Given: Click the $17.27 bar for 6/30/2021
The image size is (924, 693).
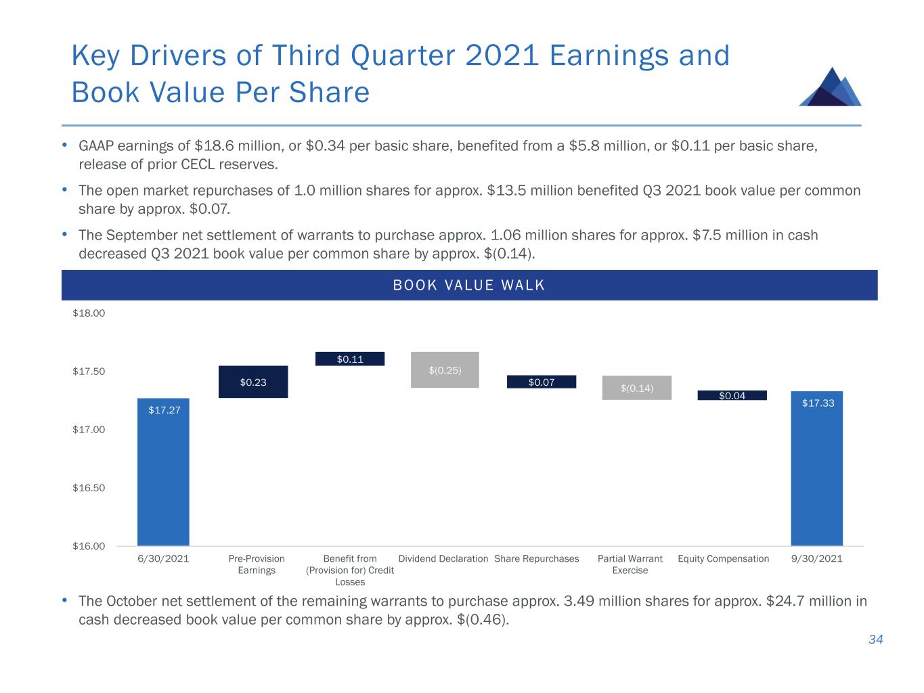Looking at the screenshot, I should point(163,471).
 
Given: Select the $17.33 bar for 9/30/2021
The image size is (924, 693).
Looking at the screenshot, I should point(817,468).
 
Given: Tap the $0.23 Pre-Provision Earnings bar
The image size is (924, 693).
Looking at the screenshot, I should point(253,382).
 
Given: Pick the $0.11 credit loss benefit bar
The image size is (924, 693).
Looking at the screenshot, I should point(350,359).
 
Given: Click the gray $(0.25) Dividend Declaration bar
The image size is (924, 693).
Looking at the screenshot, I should point(445,370).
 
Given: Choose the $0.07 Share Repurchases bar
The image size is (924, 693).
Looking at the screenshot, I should point(542,382).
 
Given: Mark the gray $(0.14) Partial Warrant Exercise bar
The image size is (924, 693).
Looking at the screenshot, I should point(637,388).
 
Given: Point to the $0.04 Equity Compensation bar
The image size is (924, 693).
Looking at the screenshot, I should point(732,395).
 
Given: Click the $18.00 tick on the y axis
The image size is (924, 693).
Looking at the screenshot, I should point(89,313).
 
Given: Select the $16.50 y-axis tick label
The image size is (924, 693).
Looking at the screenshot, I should point(89,488).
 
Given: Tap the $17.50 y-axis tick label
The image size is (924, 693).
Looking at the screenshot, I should point(89,372).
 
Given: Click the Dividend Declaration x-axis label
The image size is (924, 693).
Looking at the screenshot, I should point(443,559).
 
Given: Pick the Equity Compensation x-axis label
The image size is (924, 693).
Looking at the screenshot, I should point(724,559).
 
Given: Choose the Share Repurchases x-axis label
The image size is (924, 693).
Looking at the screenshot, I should point(537,559).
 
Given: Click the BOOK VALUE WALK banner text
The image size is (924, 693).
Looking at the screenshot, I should point(469,285).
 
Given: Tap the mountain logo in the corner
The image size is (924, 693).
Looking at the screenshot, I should point(831,87).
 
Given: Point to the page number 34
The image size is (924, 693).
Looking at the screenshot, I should point(876,640).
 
